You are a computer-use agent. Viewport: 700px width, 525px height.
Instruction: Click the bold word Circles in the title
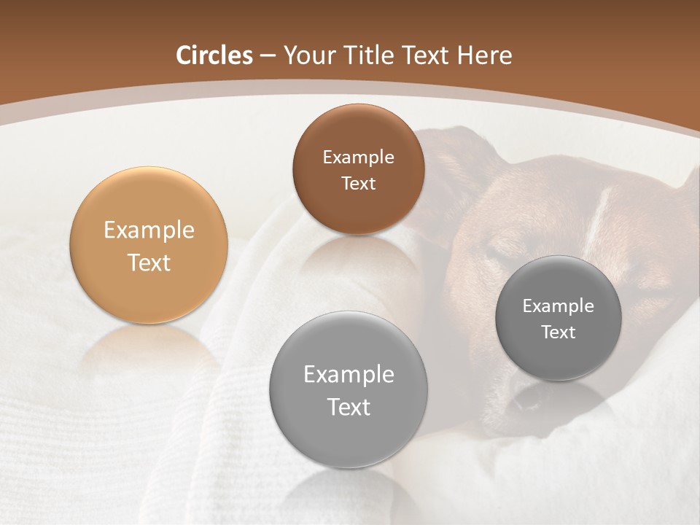point(214,55)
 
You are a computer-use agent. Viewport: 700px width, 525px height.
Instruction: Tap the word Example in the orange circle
point(149,230)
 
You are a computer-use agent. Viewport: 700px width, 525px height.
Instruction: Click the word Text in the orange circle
point(149,262)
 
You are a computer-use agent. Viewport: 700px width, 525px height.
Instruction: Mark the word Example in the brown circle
point(358,157)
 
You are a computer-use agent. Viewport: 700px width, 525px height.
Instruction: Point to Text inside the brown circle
point(358,184)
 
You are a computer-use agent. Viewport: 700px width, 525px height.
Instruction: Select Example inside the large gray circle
point(349,375)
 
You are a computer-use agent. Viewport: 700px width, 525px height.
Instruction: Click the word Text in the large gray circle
point(349,407)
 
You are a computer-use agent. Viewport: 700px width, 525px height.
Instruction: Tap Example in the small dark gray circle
point(559,306)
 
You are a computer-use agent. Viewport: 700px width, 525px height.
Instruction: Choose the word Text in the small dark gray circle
point(559,332)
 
